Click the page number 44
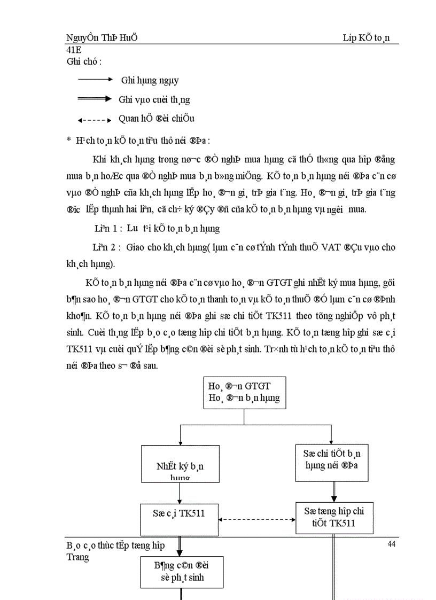[391, 544]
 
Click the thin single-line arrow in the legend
[95, 80]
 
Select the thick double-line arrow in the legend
[95, 99]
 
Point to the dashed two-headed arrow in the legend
[95, 119]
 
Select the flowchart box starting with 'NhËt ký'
[180, 464]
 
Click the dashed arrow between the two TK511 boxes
[258, 518]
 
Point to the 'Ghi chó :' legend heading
[84, 61]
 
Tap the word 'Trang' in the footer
[78, 557]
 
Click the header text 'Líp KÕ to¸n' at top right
[367, 38]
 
